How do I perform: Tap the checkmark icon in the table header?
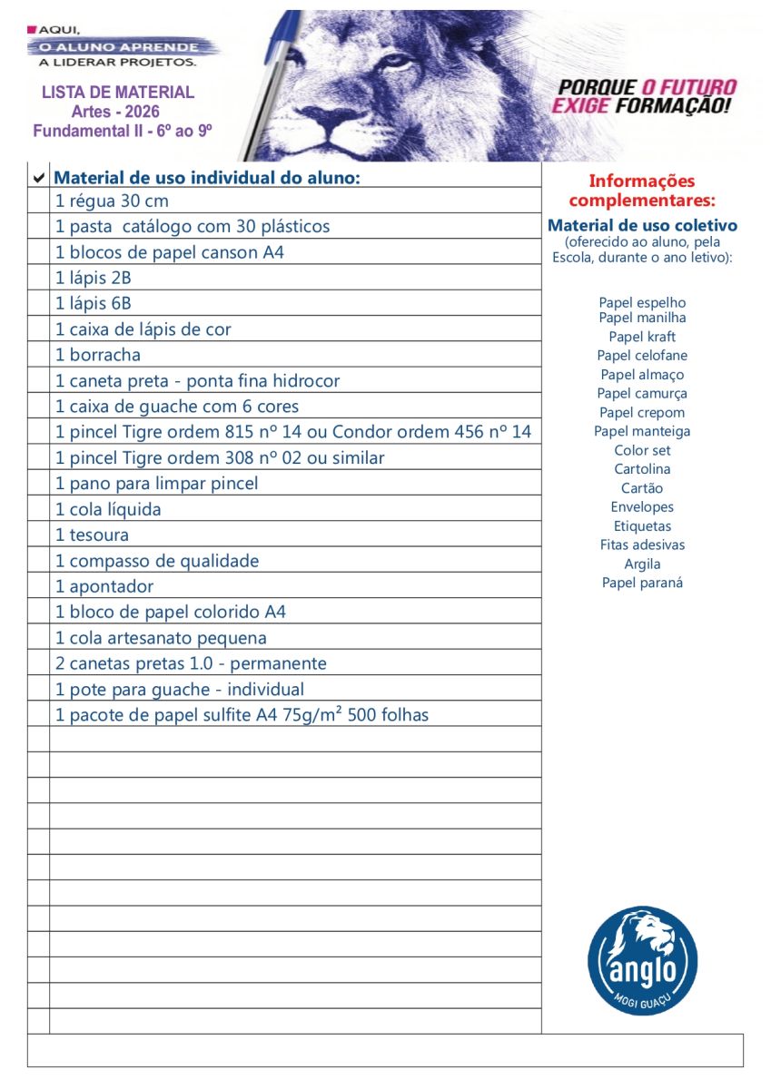point(38,177)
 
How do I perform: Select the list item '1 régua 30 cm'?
point(112,201)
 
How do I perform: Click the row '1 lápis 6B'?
point(93,304)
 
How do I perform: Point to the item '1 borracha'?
point(98,355)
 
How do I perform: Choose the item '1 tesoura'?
point(92,535)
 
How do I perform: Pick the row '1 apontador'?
point(104,586)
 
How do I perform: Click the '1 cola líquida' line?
point(108,509)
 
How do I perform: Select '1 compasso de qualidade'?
point(157,561)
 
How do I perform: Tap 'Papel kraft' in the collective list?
point(642,337)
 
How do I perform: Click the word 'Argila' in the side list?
point(642,564)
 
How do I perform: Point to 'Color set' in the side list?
point(642,450)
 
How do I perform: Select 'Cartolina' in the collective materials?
point(642,469)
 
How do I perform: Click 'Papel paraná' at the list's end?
point(642,583)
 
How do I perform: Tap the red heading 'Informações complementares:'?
point(642,191)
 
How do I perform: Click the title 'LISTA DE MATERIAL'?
point(118,93)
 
